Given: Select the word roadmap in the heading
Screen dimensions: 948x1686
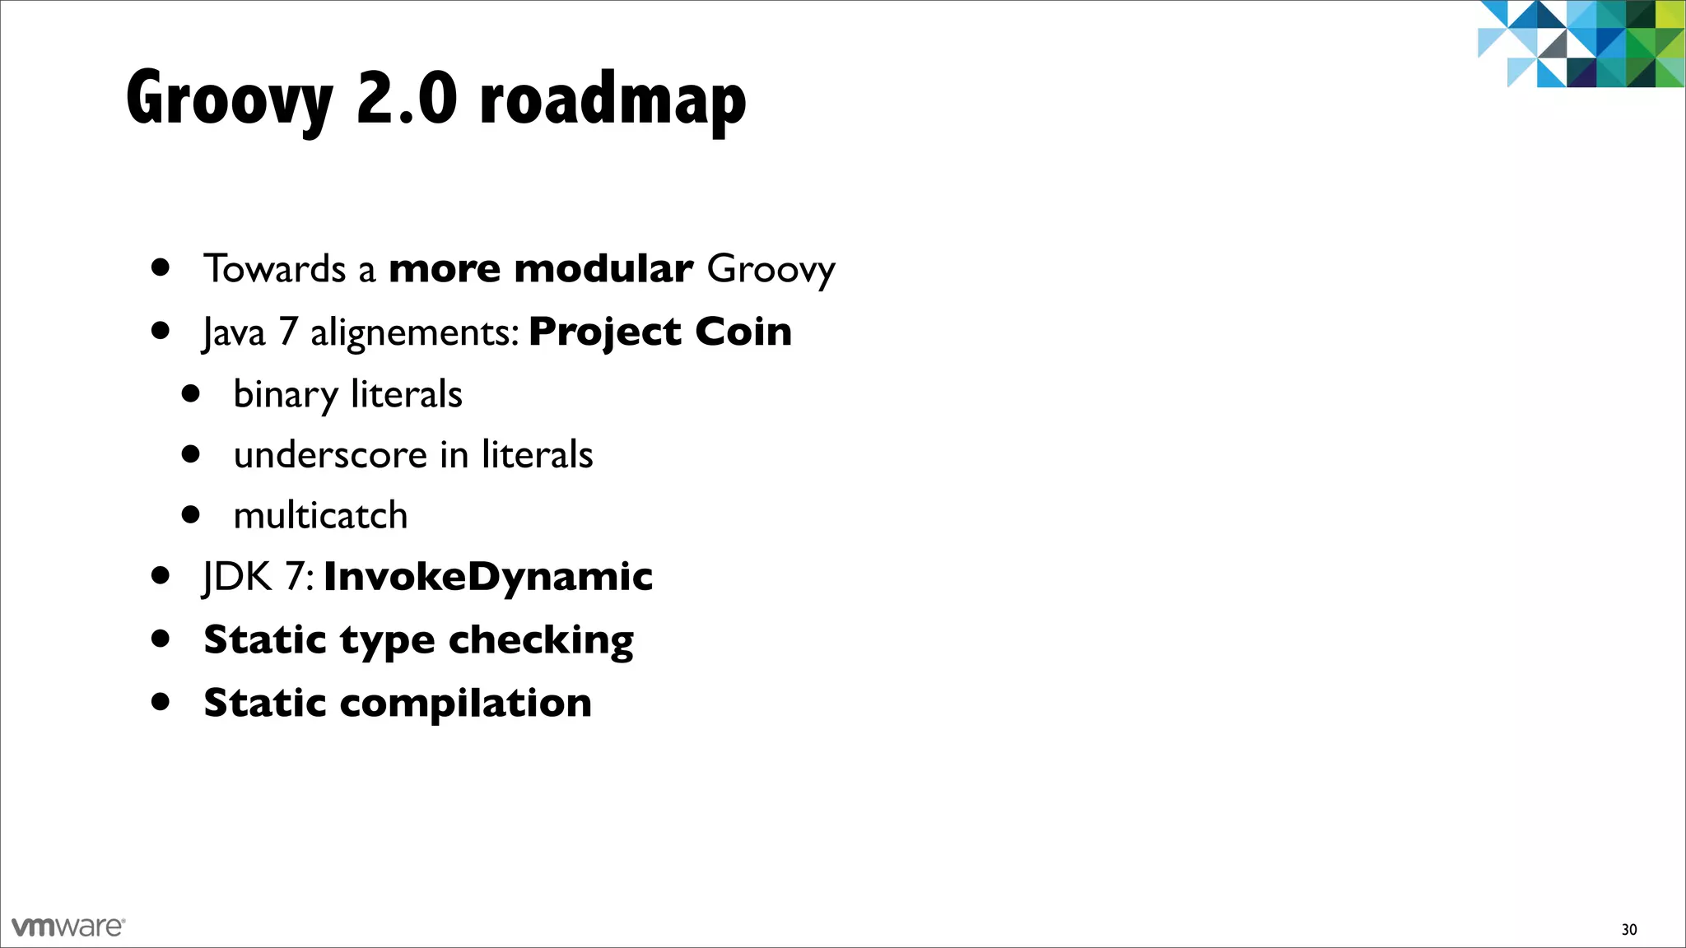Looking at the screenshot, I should (x=612, y=100).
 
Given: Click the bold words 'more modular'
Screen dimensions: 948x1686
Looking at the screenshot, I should (x=540, y=269).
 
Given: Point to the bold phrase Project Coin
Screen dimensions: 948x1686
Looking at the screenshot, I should (x=660, y=332).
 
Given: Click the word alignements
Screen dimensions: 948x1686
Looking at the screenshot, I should (x=414, y=333).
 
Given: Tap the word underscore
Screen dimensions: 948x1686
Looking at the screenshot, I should (x=330, y=455).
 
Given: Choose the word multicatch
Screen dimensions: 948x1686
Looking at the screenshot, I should (x=320, y=516).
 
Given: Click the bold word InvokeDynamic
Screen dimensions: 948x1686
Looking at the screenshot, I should (x=488, y=576).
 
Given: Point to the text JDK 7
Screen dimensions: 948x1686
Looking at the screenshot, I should (x=257, y=576).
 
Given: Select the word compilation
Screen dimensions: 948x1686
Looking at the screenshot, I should (x=465, y=704).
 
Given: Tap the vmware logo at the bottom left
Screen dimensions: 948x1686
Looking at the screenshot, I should (x=68, y=927).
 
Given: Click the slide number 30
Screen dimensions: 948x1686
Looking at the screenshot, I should (x=1628, y=929).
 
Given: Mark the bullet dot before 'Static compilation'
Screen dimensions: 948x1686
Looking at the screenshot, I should (x=161, y=702).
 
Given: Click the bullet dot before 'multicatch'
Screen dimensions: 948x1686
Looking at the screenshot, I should (x=191, y=515).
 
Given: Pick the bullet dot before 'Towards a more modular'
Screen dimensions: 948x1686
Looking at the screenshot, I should (x=161, y=267).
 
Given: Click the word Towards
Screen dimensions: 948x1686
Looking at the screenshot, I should (x=275, y=269).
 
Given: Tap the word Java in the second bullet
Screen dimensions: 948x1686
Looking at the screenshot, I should (x=235, y=333).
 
